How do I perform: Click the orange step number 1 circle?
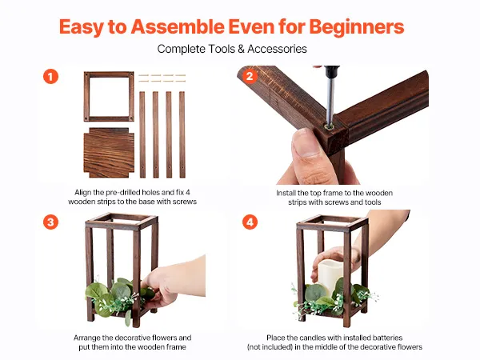(50, 77)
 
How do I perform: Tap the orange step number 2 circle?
(250, 76)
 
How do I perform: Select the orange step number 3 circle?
(50, 222)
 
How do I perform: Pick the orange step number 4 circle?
(250, 222)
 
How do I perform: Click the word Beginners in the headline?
(357, 27)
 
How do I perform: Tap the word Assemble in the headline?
(178, 27)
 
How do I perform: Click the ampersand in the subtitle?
(242, 49)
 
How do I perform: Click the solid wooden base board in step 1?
(109, 153)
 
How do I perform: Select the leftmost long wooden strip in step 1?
(142, 134)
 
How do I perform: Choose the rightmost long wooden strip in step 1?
(182, 134)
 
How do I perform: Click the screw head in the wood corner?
(330, 126)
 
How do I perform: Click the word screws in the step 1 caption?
(185, 202)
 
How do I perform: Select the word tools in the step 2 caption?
(373, 202)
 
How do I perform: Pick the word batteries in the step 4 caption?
(387, 338)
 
